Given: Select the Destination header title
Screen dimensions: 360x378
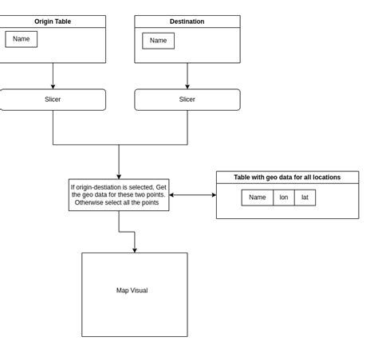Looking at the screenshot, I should [x=187, y=22].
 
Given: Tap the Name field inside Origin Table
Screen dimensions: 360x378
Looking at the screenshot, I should [x=22, y=39].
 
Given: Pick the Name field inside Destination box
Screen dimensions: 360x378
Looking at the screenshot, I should [x=158, y=41].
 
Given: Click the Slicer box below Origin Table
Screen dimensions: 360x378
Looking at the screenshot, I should [x=53, y=100].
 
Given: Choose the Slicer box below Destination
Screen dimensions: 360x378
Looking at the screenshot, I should [x=187, y=100].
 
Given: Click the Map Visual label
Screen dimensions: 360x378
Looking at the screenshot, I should [x=132, y=291].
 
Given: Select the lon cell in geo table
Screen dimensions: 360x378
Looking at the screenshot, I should [x=284, y=198].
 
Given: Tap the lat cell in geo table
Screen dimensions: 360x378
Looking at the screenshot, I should [x=305, y=198].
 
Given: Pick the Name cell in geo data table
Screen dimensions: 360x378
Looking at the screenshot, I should [x=257, y=198].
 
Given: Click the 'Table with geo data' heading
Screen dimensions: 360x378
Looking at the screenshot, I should [x=287, y=178].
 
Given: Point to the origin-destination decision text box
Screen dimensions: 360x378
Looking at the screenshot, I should [x=119, y=195].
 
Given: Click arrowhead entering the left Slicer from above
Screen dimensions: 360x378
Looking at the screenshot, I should [x=53, y=86].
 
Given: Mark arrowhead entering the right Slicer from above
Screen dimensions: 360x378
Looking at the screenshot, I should [x=187, y=86].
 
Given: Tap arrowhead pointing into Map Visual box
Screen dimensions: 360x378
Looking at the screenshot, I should [x=135, y=250].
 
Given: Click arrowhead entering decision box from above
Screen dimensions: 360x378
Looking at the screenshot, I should [x=119, y=176].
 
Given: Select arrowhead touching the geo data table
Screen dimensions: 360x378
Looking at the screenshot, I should [x=213, y=195].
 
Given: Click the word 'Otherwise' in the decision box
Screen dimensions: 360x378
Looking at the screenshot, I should [x=91, y=203].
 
